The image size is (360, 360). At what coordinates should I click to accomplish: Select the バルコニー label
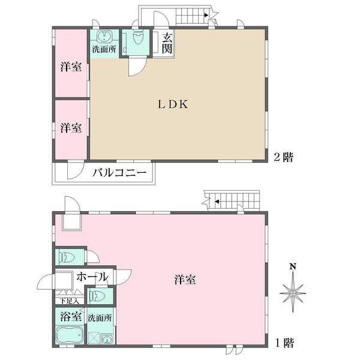(x=119, y=173)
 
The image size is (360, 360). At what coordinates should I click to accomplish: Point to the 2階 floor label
(x=283, y=157)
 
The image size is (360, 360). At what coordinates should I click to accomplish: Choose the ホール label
(x=92, y=277)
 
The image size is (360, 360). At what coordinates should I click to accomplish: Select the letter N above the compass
(x=293, y=267)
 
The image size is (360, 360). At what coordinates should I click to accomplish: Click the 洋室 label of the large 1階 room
(x=185, y=280)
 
